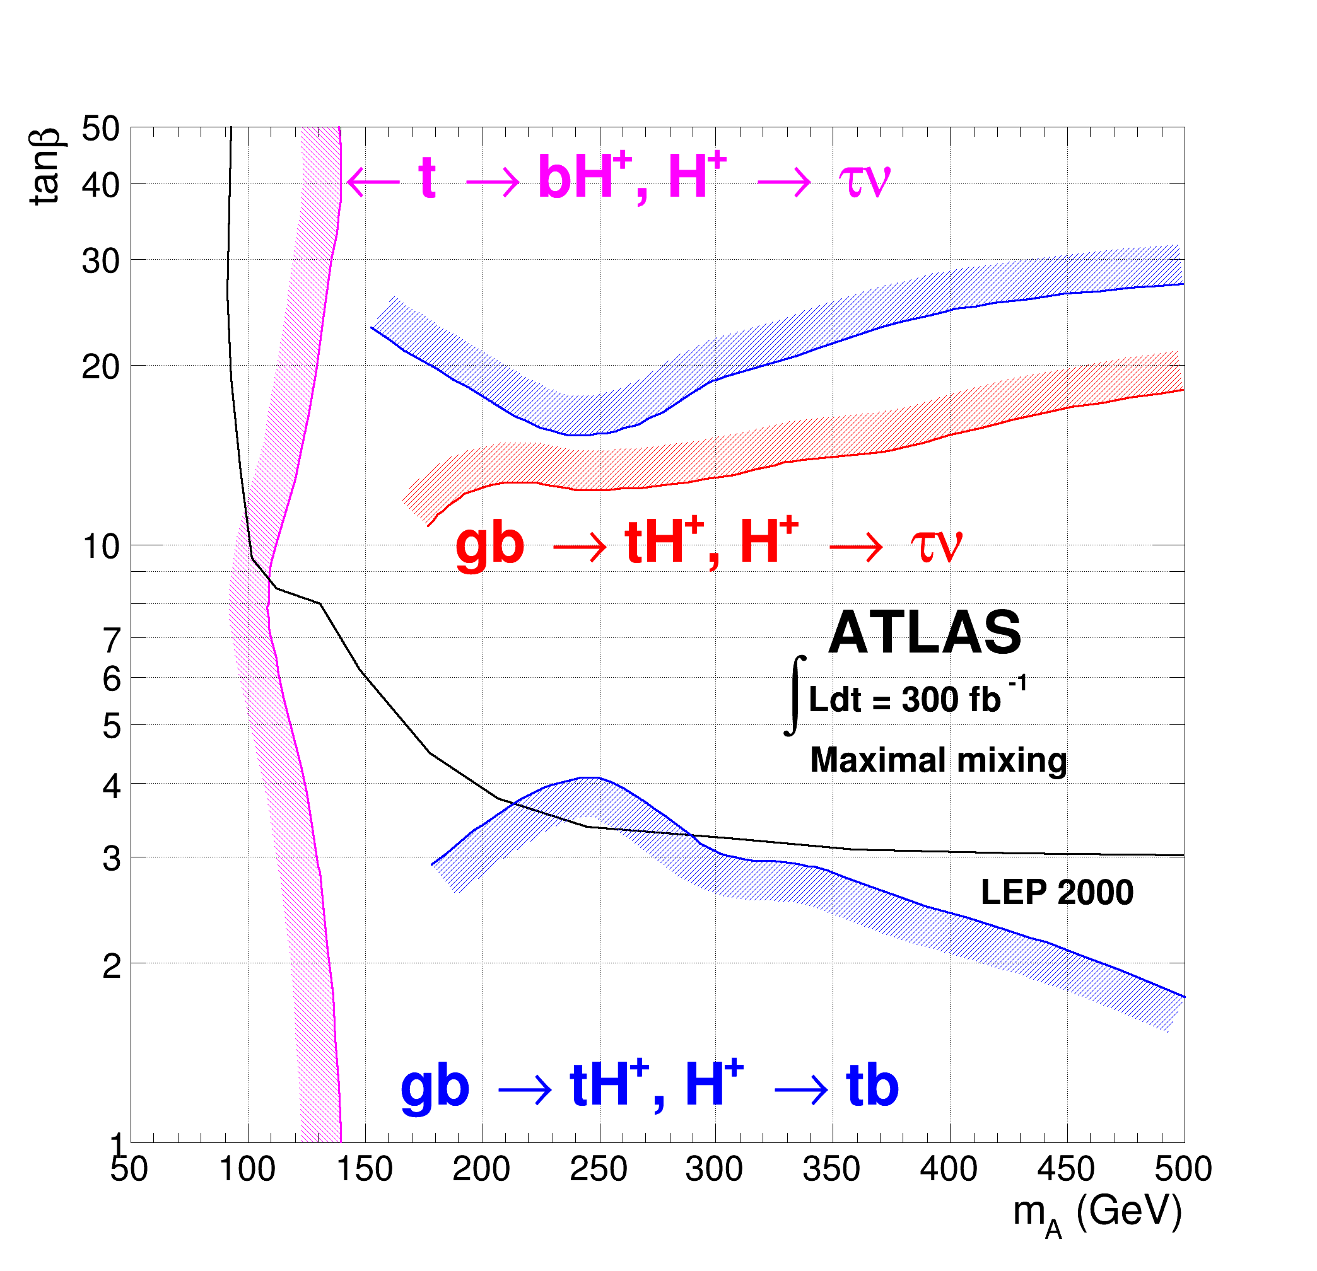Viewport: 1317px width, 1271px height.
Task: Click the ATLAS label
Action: pos(925,633)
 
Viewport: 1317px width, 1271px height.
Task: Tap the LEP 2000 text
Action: pos(1057,893)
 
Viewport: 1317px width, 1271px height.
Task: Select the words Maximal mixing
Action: pos(938,760)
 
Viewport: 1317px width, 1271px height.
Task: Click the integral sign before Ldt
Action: pos(795,696)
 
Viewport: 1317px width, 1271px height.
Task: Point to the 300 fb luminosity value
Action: pos(950,700)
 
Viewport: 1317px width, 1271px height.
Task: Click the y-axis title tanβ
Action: pos(45,166)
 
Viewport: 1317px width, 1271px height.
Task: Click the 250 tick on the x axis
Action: pos(598,1169)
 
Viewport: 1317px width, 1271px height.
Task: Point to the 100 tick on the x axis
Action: pos(247,1169)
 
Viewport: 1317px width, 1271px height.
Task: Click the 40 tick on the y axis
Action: pos(101,185)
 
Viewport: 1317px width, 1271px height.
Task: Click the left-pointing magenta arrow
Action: pos(373,182)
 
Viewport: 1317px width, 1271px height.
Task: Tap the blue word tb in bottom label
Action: pos(872,1087)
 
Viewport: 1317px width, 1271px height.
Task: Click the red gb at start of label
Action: pos(489,544)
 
